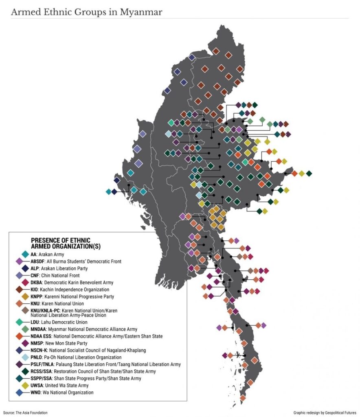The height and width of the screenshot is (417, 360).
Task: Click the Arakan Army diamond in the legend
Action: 25,254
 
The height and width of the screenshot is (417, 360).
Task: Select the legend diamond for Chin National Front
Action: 19,275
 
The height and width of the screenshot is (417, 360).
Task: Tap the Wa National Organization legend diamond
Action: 19,393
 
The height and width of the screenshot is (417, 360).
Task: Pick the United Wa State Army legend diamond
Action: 25,385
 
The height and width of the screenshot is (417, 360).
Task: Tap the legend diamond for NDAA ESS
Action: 19,336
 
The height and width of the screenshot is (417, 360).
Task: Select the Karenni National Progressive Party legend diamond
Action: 25,296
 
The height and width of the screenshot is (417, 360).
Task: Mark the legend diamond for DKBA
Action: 25,282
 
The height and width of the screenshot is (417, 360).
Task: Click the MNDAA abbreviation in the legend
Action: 40,329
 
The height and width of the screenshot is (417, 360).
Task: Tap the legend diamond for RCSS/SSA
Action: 25,371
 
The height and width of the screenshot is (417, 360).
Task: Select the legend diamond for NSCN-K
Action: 19,350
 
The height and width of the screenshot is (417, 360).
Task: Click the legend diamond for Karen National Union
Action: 19,303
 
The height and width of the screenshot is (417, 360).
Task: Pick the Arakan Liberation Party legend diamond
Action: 25,268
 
